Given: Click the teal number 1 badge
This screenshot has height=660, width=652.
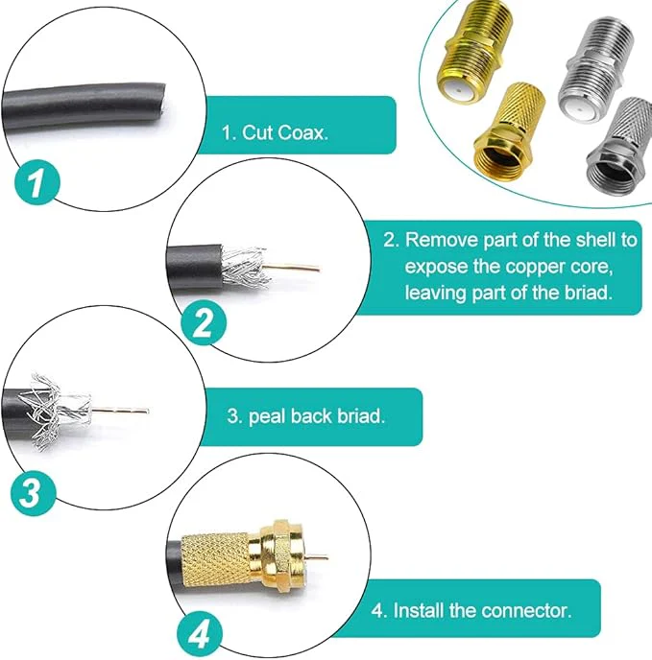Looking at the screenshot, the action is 36,182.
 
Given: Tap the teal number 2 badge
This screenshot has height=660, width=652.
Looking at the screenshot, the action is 204,323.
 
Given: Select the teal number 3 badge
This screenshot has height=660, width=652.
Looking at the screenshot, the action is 33,493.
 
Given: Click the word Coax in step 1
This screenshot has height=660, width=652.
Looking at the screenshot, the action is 302,132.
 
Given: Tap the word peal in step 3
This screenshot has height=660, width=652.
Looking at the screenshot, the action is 267,416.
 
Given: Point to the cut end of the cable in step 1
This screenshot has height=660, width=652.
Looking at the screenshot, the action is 162,105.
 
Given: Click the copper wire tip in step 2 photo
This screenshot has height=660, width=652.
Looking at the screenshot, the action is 317,269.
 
